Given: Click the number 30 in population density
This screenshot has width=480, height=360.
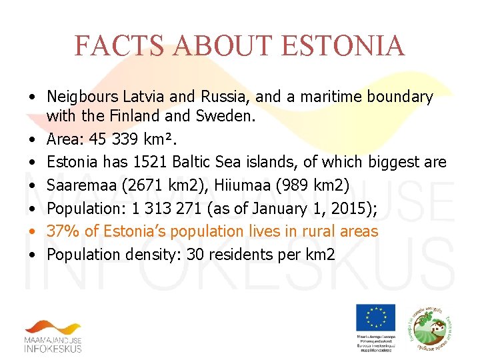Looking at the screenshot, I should point(196,254).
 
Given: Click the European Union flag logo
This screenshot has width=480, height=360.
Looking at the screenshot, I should point(375,317).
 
